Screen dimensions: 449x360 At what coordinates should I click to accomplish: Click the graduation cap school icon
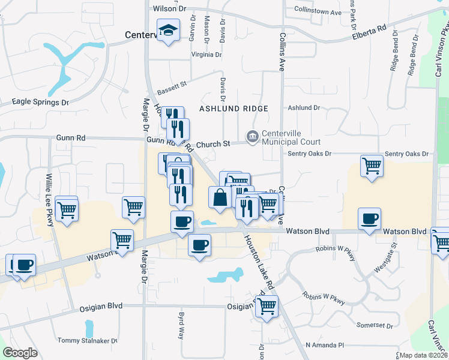(169, 29)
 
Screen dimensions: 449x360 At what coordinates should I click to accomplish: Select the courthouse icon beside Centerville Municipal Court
(252, 137)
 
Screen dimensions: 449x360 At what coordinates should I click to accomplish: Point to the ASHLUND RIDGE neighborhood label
(234, 108)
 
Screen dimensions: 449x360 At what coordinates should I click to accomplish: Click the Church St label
(213, 144)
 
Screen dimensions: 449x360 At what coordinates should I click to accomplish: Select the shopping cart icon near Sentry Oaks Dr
(372, 164)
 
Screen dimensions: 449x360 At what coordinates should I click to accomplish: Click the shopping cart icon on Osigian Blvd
(267, 306)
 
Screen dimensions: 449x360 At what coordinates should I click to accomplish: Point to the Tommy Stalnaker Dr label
(87, 341)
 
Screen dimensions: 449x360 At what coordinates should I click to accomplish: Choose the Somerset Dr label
(374, 326)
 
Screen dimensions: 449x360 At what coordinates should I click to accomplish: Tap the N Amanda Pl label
(324, 345)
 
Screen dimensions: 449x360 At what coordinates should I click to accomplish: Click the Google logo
(19, 353)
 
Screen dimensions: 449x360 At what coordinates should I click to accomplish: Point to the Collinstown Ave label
(318, 11)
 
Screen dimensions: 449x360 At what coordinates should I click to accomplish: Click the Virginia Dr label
(202, 55)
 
